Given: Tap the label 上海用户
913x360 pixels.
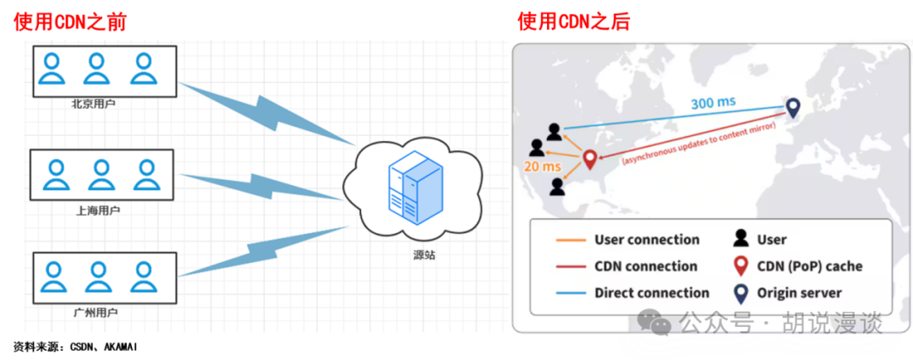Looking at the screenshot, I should pyautogui.click(x=98, y=210).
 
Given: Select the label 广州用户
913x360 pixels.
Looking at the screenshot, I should pyautogui.click(x=96, y=313).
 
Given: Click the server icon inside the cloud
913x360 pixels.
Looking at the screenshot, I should pyautogui.click(x=414, y=192).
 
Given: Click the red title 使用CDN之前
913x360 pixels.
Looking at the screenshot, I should pyautogui.click(x=70, y=21).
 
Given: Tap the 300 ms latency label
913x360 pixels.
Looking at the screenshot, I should pyautogui.click(x=713, y=102).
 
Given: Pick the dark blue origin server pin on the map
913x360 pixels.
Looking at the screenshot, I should pyautogui.click(x=792, y=107).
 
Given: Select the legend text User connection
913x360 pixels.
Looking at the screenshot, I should pyautogui.click(x=647, y=240).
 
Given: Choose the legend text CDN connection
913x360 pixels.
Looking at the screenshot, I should pyautogui.click(x=646, y=266).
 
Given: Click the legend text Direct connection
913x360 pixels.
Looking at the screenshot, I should pyautogui.click(x=652, y=293).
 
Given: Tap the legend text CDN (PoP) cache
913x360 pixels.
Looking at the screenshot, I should pyautogui.click(x=810, y=266).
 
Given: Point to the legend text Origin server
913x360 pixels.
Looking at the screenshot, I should pyautogui.click(x=800, y=293).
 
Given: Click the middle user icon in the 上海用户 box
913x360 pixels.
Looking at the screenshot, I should pyautogui.click(x=101, y=175).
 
